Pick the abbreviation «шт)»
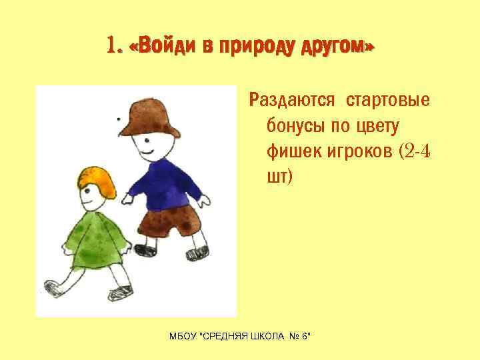tap(280, 178)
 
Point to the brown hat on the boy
tap(154, 117)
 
